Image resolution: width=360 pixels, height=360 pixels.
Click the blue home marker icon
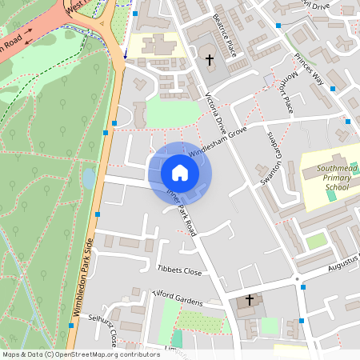click(x=180, y=172)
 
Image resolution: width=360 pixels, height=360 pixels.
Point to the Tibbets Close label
click(x=179, y=271)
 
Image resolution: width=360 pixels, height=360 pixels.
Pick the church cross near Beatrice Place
click(x=210, y=60)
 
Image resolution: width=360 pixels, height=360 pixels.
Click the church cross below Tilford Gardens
click(x=249, y=300)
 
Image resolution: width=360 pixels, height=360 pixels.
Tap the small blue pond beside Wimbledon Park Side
click(x=88, y=177)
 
